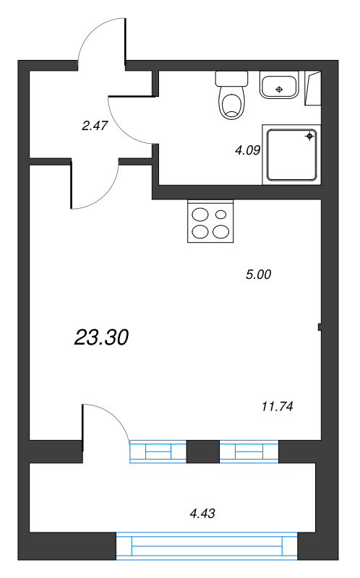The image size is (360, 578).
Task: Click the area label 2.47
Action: (x=95, y=125)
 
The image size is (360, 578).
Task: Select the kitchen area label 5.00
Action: (x=258, y=274)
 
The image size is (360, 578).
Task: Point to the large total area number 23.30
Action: (x=101, y=336)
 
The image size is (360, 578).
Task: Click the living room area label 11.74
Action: (x=277, y=406)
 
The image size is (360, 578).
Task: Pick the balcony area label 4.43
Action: (x=202, y=514)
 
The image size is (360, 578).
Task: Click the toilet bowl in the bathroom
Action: (x=231, y=105)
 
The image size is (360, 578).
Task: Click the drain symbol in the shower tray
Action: (x=309, y=135)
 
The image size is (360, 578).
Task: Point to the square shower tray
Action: (x=292, y=154)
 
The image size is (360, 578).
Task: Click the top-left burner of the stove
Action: (x=200, y=215)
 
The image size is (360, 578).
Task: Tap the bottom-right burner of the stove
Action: (x=223, y=231)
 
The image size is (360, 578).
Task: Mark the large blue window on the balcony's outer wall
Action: (x=207, y=545)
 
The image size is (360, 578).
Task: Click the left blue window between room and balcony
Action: (x=158, y=452)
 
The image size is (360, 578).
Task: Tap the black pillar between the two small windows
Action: (x=202, y=451)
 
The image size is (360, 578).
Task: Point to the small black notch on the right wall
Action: (x=320, y=328)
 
